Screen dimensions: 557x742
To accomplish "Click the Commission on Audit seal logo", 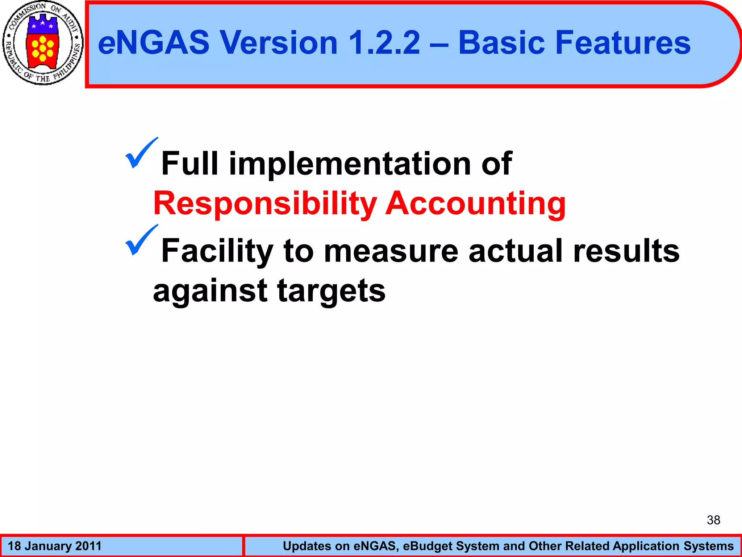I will click(x=43, y=43).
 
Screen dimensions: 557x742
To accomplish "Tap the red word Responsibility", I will click(x=265, y=204).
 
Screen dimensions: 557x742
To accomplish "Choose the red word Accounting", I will click(x=475, y=204).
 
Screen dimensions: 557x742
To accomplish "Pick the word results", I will click(x=626, y=251).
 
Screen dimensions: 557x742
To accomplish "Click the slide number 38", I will click(x=713, y=520).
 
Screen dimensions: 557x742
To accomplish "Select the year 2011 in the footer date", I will click(x=88, y=546).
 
